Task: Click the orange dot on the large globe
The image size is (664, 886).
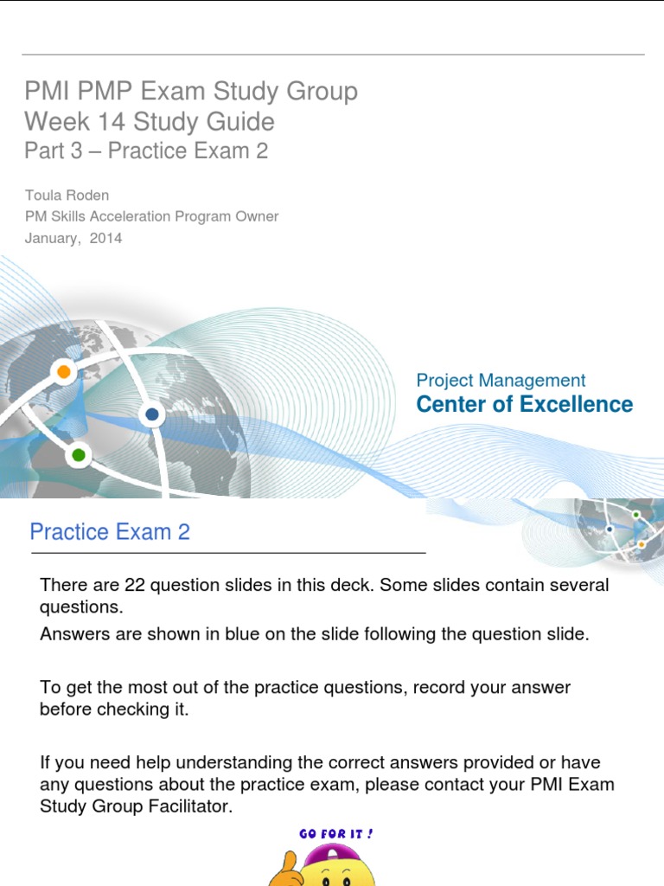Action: [63, 372]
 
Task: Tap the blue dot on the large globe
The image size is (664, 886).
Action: [153, 414]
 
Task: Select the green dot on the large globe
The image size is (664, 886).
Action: [79, 454]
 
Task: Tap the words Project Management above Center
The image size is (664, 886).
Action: [501, 380]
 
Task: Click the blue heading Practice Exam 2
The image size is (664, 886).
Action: [110, 531]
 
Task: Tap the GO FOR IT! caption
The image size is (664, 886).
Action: [336, 833]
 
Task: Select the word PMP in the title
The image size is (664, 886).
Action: [95, 92]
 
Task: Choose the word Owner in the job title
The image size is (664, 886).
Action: [258, 216]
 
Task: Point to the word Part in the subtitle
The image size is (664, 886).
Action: [41, 151]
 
